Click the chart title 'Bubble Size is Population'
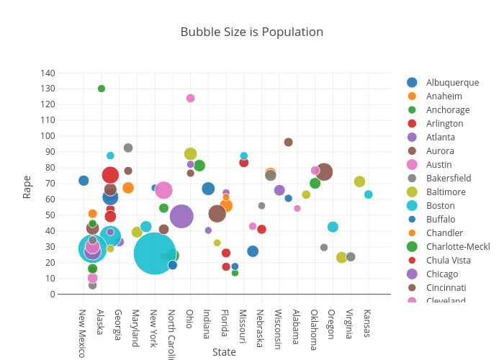tap(251, 32)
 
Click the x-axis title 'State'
tap(224, 352)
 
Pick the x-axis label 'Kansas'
tap(368, 323)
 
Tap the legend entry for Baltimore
tap(445, 192)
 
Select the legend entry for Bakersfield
tap(448, 178)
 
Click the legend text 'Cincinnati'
tap(446, 287)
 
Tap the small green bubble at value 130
tap(102, 89)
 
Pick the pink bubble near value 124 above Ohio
tap(190, 98)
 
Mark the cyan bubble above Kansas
tap(368, 194)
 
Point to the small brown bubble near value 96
tap(288, 142)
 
